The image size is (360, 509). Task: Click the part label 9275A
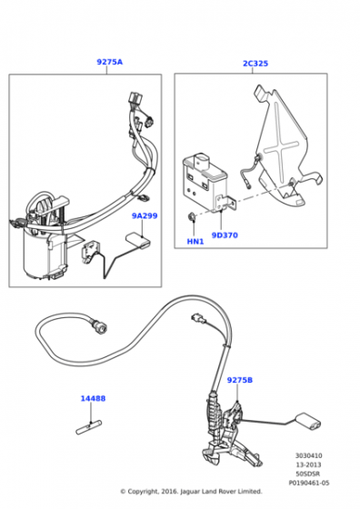pyautogui.click(x=110, y=62)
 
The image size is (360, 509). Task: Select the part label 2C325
pyautogui.click(x=255, y=64)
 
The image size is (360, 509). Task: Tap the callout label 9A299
pyautogui.click(x=145, y=216)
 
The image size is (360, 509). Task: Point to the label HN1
pyautogui.click(x=195, y=242)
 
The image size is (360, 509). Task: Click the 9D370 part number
pyautogui.click(x=225, y=235)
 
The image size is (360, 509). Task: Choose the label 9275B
pyautogui.click(x=240, y=380)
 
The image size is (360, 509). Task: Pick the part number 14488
pyautogui.click(x=93, y=398)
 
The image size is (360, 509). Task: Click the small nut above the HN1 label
pyautogui.click(x=192, y=216)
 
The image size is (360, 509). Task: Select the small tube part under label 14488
pyautogui.click(x=88, y=427)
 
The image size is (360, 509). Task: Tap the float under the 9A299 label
pyautogui.click(x=138, y=241)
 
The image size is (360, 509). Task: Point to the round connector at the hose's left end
pyautogui.click(x=100, y=325)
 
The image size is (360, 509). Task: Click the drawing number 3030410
pyautogui.click(x=309, y=455)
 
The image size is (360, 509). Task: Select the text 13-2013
pyautogui.click(x=308, y=464)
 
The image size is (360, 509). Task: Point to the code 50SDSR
pyautogui.click(x=308, y=474)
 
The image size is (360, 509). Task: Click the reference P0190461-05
pyautogui.click(x=309, y=483)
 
